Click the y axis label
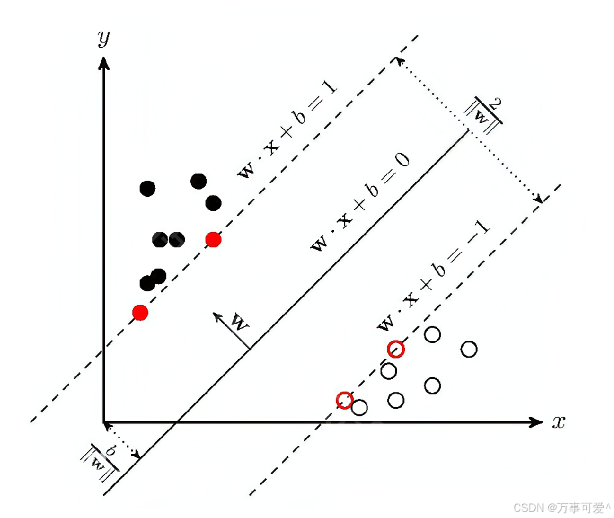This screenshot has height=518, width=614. click(103, 39)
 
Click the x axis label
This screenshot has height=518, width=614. click(558, 422)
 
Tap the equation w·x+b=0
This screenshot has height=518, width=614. click(360, 202)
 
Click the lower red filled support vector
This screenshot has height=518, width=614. click(140, 312)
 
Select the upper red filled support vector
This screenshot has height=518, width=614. click(213, 239)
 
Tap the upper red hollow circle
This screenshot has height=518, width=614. click(396, 349)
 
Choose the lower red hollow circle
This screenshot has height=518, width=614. click(345, 400)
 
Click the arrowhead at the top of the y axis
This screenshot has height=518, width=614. click(103, 62)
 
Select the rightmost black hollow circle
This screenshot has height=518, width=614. click(469, 349)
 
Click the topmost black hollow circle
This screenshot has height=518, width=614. click(432, 334)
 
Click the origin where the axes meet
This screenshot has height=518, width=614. click(104, 422)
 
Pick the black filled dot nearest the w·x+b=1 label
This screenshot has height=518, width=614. click(214, 203)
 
